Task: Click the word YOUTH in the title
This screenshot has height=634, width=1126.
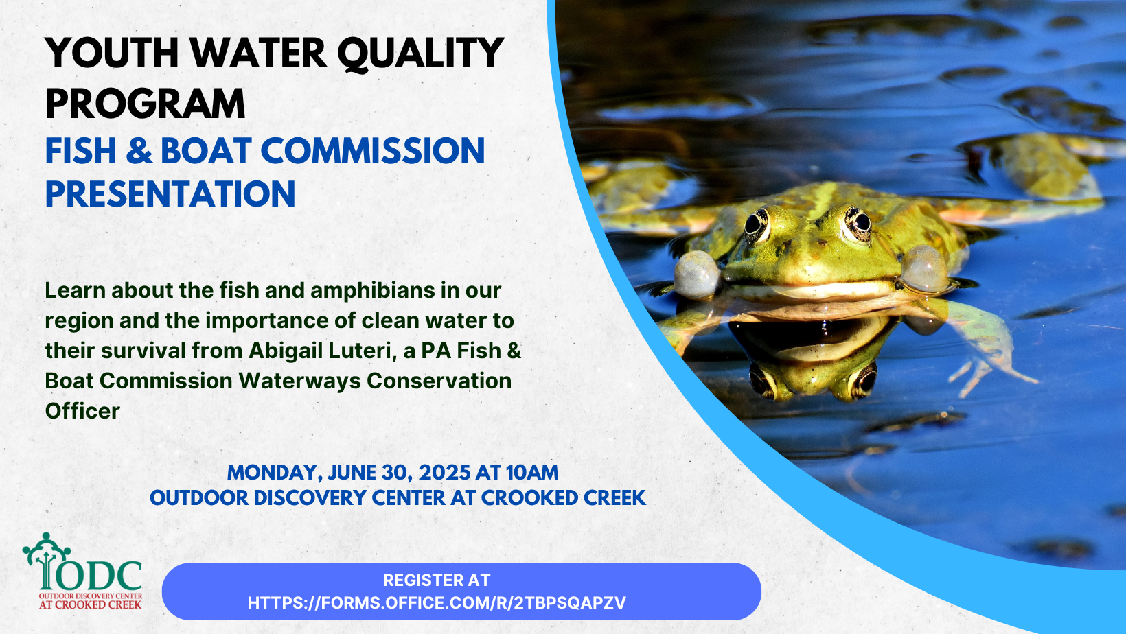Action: point(112,53)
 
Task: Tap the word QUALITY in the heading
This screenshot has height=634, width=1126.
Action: point(420,54)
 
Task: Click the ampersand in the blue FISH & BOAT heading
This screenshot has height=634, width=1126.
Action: point(140,150)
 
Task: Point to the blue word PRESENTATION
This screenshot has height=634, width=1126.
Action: point(170,194)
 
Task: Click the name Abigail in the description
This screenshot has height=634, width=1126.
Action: point(285,351)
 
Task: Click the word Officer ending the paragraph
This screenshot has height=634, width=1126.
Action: point(82,411)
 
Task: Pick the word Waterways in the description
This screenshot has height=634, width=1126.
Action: point(299,381)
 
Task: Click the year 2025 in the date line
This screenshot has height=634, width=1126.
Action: point(444,473)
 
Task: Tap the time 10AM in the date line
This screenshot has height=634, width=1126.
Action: point(532,473)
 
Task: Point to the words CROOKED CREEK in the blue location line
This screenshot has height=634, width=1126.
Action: point(564,498)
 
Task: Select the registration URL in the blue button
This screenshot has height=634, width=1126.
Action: point(437,603)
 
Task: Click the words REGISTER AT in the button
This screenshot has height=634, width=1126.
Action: point(437,580)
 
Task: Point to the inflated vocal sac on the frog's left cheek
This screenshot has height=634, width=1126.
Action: point(697,274)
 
